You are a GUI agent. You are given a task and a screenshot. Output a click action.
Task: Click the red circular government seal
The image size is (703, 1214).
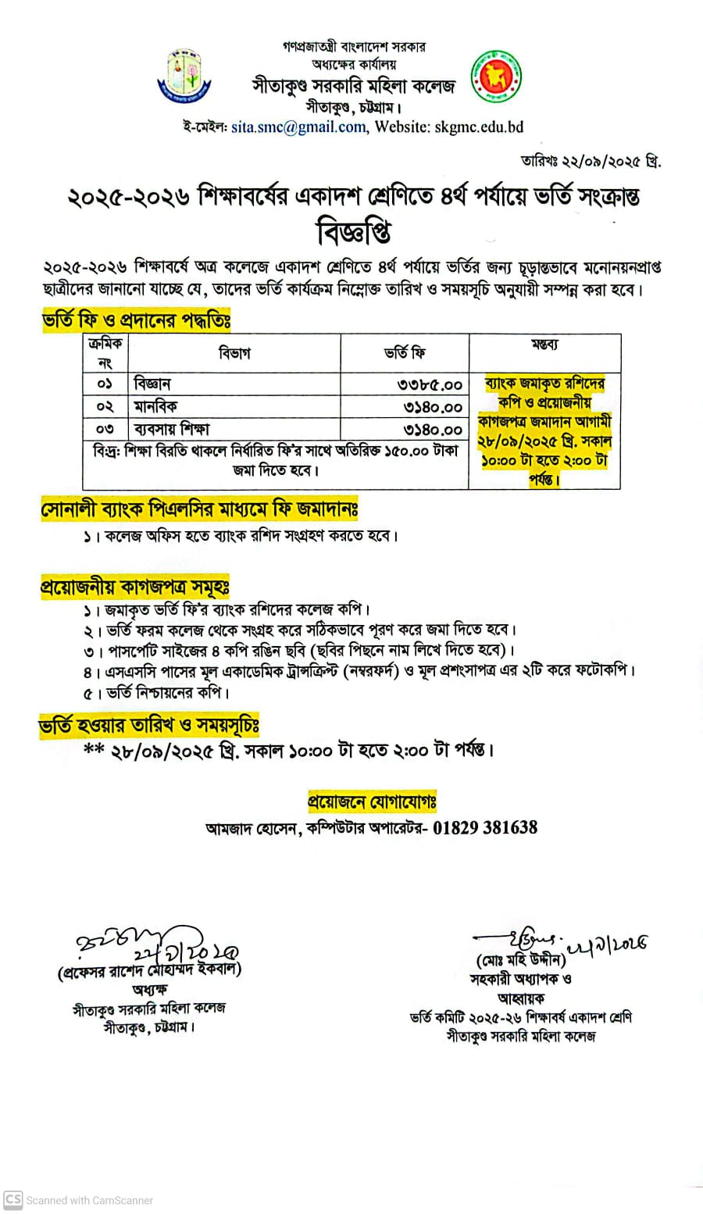pyautogui.click(x=495, y=78)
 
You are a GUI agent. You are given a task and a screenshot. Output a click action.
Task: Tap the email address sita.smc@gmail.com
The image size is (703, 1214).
pyautogui.click(x=298, y=127)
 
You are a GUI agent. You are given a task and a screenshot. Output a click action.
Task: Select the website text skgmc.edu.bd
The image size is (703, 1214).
pyautogui.click(x=478, y=127)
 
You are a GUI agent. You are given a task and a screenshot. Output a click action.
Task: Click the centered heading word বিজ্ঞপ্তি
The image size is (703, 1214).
pyautogui.click(x=354, y=232)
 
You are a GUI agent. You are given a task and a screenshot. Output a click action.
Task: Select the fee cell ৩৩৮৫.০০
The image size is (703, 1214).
pyautogui.click(x=433, y=384)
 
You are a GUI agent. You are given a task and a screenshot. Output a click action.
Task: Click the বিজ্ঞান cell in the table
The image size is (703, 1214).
pyautogui.click(x=152, y=384)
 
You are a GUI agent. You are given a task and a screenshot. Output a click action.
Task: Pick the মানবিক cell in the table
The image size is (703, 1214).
pyautogui.click(x=155, y=406)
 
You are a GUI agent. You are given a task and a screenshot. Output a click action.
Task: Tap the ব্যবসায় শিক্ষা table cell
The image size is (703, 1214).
pyautogui.click(x=171, y=429)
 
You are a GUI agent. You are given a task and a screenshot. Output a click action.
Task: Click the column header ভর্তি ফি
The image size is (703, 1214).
pyautogui.click(x=405, y=353)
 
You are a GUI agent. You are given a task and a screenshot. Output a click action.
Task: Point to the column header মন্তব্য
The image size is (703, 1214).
pyautogui.click(x=544, y=345)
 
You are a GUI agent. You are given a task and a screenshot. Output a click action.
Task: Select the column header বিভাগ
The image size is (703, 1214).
pyautogui.click(x=234, y=353)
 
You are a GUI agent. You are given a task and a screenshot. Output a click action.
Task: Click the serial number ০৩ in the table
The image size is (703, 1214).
pyautogui.click(x=105, y=429)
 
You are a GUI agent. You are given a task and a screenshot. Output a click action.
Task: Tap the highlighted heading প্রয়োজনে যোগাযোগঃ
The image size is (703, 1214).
pyautogui.click(x=372, y=802)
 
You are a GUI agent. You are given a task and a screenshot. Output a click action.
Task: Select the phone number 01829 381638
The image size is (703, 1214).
pyautogui.click(x=485, y=827)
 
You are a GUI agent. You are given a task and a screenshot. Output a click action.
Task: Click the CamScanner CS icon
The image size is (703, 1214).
pyautogui.click(x=12, y=1200)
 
